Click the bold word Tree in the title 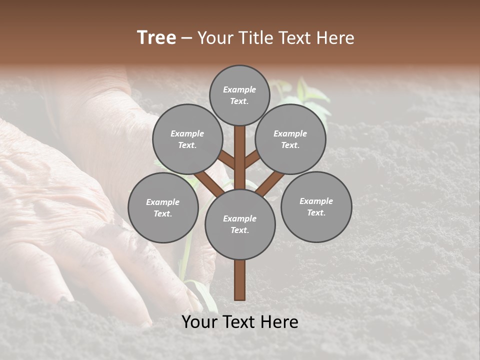tap(156, 37)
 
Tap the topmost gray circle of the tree tap(239, 95)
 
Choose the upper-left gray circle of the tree tap(187, 139)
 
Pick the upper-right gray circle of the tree tap(290, 139)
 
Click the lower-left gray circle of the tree tap(163, 207)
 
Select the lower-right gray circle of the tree tap(316, 206)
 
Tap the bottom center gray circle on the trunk tap(240, 224)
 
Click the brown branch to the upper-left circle tap(226, 159)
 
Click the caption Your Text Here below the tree tap(240, 322)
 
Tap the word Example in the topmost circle tap(239, 89)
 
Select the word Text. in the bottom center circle tap(239, 230)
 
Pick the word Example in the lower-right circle tap(316, 201)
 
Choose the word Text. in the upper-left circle tap(187, 145)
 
